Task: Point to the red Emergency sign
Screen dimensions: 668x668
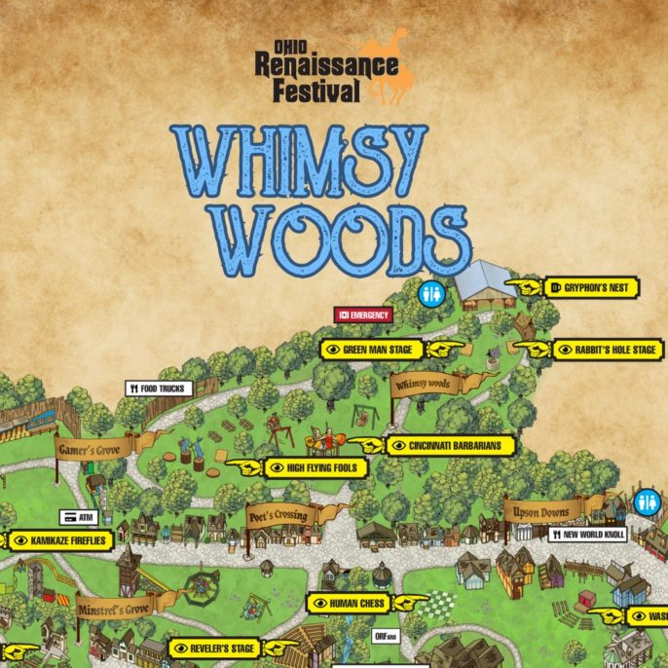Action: click(x=362, y=315)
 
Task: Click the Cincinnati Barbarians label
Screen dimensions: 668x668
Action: click(x=449, y=445)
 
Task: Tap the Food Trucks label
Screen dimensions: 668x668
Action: click(x=155, y=389)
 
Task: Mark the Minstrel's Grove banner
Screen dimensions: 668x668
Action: click(x=114, y=608)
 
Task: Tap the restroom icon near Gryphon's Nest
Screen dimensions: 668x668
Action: click(x=429, y=292)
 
